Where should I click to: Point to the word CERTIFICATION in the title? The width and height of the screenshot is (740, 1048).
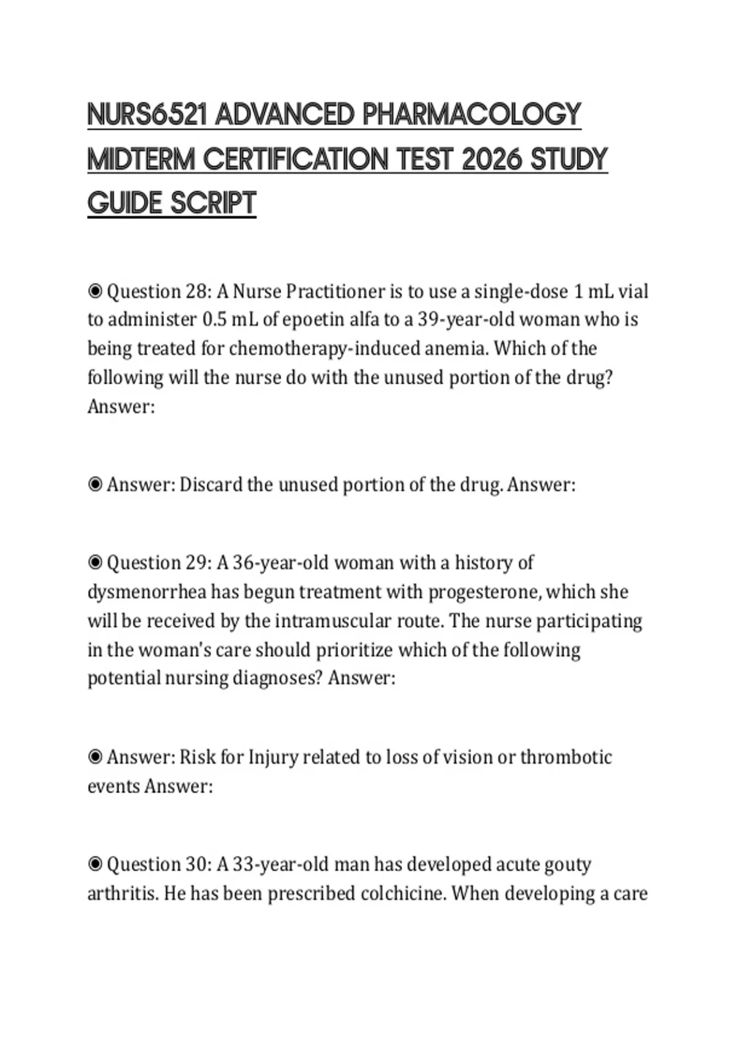pos(295,160)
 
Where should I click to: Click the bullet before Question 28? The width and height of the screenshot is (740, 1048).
pos(95,291)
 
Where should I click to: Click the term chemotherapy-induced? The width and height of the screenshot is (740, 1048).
pos(326,349)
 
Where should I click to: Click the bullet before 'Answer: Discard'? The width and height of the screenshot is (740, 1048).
pos(95,485)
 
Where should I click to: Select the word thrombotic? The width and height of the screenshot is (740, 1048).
pos(566,757)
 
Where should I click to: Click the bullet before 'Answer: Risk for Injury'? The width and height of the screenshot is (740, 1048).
pos(95,757)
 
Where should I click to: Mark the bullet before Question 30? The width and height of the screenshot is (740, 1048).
pos(95,864)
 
